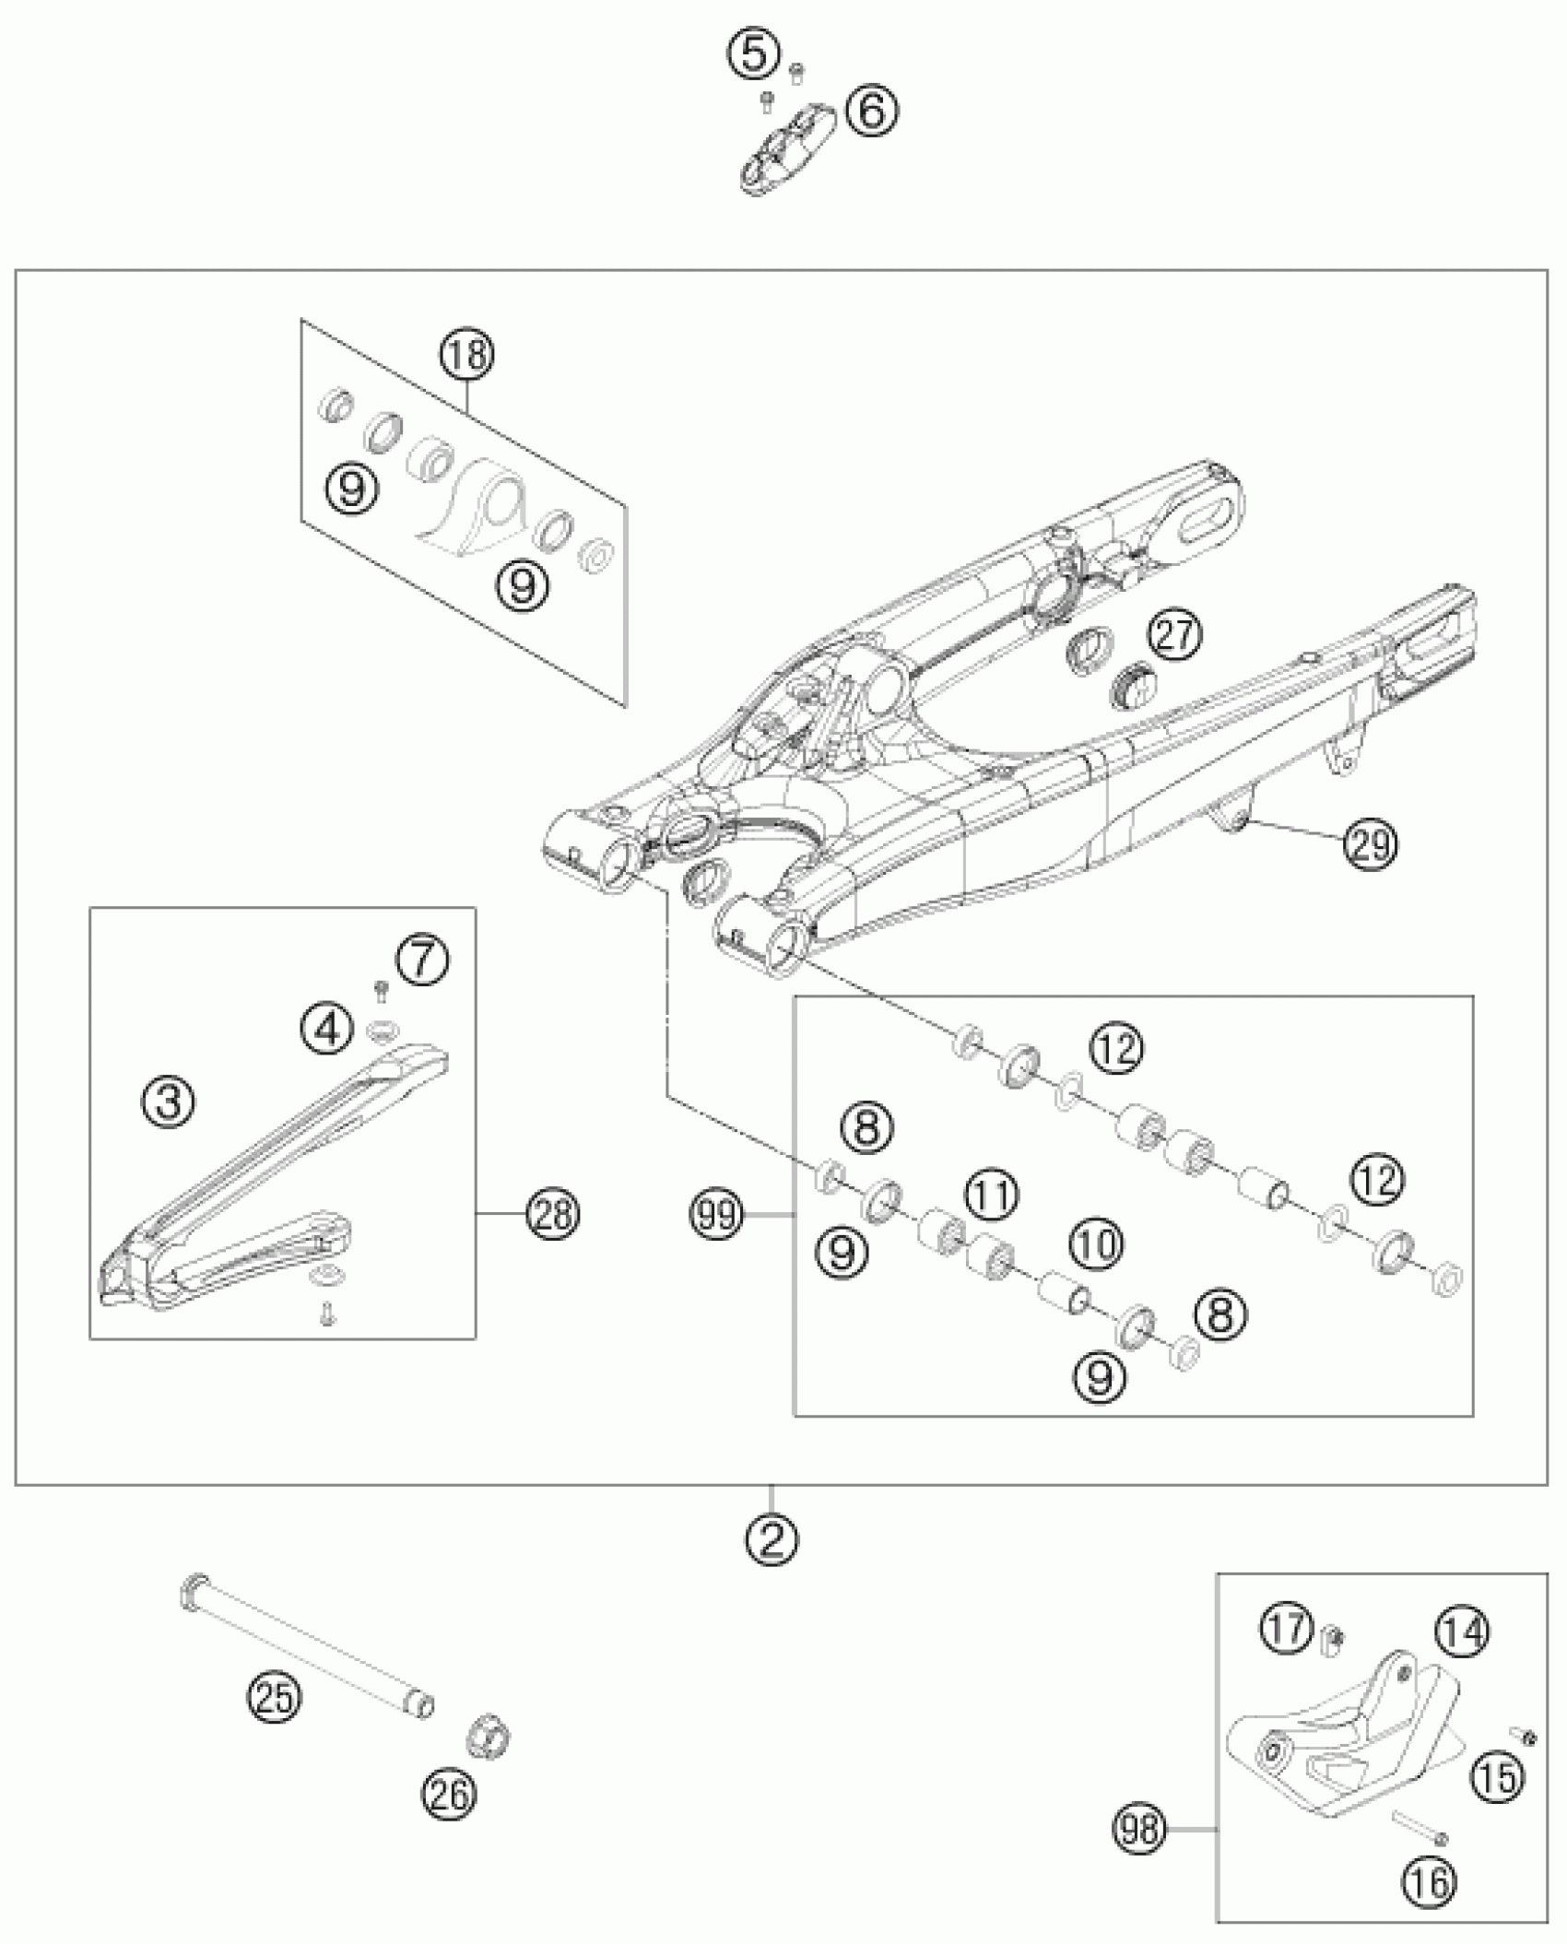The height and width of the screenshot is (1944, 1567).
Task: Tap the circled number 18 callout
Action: click(467, 354)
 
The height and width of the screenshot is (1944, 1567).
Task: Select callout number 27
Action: click(1175, 635)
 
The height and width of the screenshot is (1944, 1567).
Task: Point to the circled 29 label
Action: click(1371, 842)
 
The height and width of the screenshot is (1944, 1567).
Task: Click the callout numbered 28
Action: click(553, 1215)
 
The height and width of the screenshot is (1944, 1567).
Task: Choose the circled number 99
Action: click(717, 1217)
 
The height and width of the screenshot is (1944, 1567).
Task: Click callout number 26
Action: click(450, 1794)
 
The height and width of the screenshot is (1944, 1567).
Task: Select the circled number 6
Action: click(872, 112)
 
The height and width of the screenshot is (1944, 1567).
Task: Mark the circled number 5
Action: click(754, 55)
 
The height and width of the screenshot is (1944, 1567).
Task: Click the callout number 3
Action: click(169, 1102)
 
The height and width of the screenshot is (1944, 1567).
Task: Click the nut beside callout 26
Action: click(489, 1737)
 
